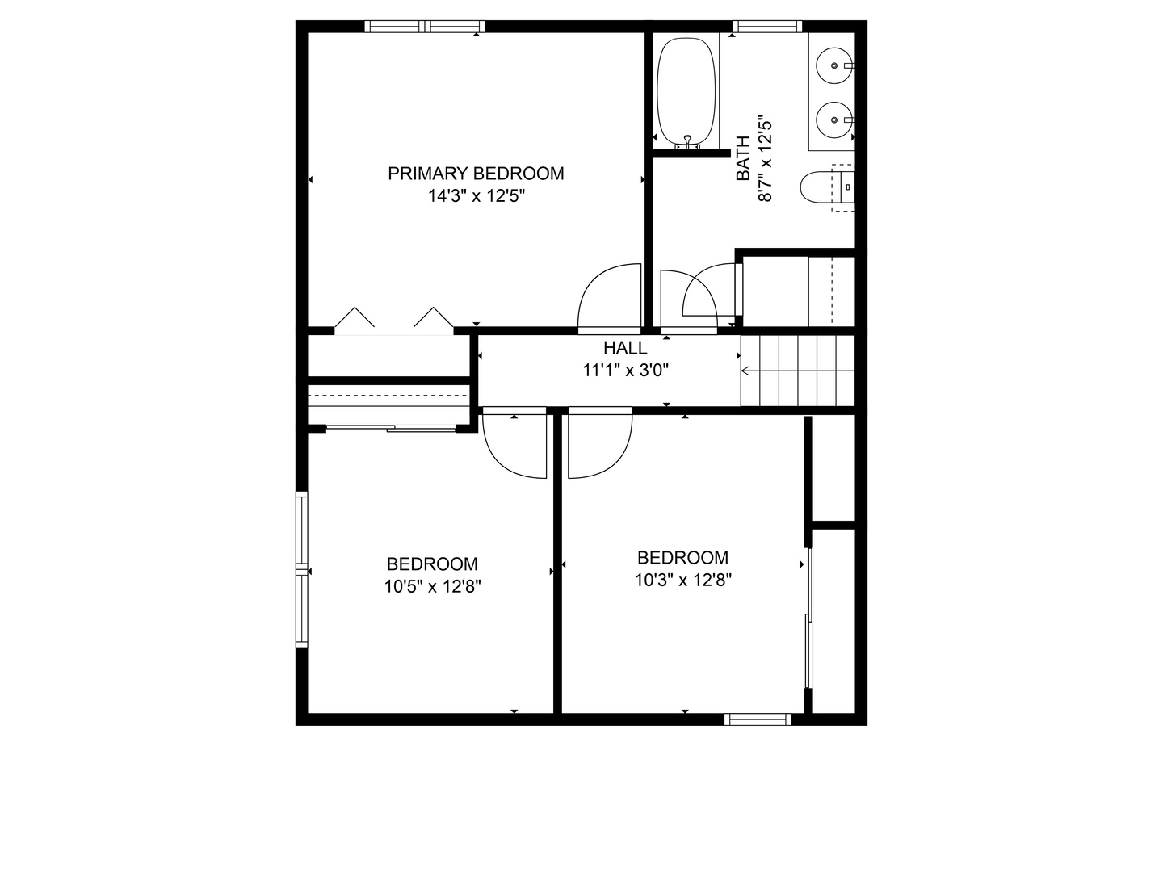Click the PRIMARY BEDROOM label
pyautogui.click(x=476, y=174)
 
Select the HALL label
pyautogui.click(x=625, y=348)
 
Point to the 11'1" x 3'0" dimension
pyautogui.click(x=625, y=371)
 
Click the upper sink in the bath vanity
pyautogui.click(x=833, y=62)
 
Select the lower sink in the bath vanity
pyautogui.click(x=833, y=120)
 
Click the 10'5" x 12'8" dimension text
pyautogui.click(x=433, y=587)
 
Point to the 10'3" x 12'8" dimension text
pyautogui.click(x=683, y=580)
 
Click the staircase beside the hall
pyautogui.click(x=798, y=371)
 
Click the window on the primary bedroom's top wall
pyautogui.click(x=424, y=27)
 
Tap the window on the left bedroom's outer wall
pyautogui.click(x=302, y=569)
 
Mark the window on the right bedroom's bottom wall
pyautogui.click(x=758, y=719)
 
